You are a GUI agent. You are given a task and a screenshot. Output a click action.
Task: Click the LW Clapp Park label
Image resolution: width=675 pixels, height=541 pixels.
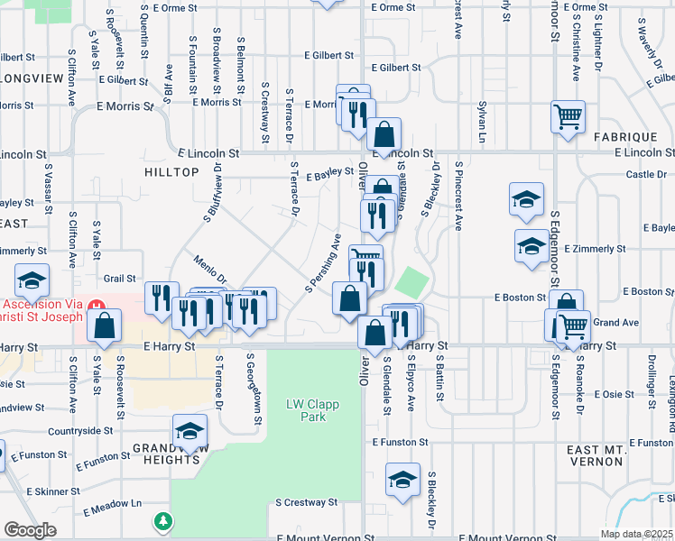tap(312, 411)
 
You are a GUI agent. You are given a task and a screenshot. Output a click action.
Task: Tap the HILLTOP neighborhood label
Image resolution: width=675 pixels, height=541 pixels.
tap(170, 170)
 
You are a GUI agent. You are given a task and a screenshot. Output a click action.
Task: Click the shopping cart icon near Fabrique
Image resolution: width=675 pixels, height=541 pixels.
tap(568, 116)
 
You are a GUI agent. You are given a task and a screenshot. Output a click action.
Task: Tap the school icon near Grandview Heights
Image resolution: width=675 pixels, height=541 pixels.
tap(190, 435)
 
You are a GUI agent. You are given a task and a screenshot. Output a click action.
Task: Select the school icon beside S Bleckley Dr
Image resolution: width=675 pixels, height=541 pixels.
tap(402, 480)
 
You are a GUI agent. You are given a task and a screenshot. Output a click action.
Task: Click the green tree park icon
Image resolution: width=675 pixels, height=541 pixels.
tap(162, 521)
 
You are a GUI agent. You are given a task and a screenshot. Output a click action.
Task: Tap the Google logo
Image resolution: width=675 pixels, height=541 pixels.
tap(30, 530)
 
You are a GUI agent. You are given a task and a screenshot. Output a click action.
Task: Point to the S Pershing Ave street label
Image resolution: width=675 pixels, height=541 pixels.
tap(322, 264)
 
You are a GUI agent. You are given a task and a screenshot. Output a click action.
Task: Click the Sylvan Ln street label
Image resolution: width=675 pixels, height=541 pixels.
tap(481, 122)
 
